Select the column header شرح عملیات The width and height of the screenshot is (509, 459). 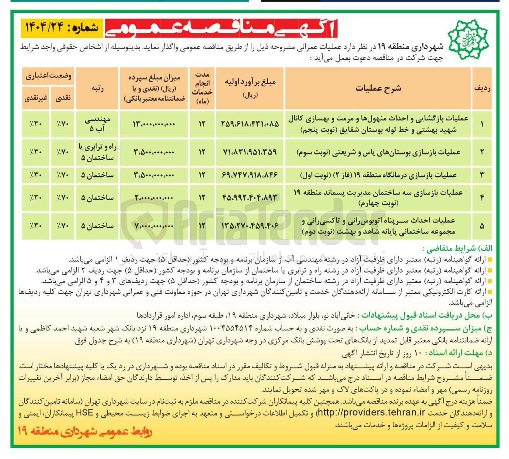378,88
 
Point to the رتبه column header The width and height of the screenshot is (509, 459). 97,88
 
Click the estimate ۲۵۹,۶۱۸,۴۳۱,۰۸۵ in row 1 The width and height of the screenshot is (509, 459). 250,124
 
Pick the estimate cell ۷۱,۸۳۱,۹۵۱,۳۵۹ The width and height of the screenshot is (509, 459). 250,152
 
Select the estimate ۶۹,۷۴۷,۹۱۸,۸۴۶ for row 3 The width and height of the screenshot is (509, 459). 250,175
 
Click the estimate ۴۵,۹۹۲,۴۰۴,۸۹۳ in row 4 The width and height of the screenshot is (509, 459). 250,198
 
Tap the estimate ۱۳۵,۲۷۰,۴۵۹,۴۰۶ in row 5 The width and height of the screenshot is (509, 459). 250,225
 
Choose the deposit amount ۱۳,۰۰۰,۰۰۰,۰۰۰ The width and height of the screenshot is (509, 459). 154,124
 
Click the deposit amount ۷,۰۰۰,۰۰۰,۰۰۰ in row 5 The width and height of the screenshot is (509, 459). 154,225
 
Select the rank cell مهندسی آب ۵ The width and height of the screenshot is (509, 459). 97,124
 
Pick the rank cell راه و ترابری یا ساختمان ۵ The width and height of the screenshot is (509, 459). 97,152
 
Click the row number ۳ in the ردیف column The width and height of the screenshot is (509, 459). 482,175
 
